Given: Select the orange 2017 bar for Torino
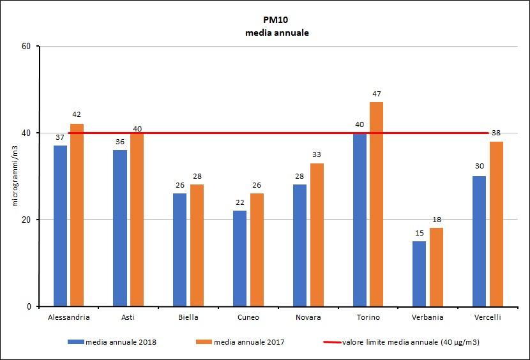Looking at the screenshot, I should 376,204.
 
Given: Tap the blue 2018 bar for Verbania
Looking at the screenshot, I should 419,274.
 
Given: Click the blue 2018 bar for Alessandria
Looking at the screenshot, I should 61,226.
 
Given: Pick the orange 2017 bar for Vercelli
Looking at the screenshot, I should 496,224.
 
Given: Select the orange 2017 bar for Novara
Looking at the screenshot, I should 317,235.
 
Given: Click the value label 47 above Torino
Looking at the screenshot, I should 376,94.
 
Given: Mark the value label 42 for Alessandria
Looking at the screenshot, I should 77,115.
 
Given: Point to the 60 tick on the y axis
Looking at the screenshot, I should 27,46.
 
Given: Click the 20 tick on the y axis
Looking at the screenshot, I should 27,220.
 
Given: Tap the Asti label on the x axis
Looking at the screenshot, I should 128,317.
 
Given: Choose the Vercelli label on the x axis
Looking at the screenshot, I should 488,317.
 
